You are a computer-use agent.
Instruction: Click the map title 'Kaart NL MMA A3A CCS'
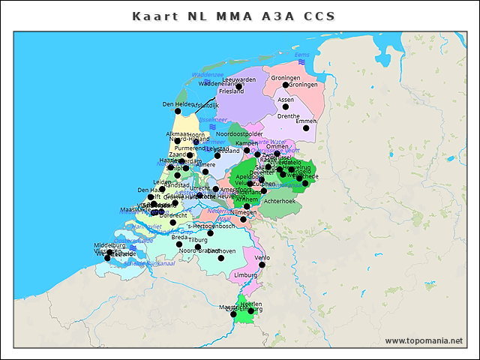pos(233,16)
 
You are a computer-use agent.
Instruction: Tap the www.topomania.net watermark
pos(424,340)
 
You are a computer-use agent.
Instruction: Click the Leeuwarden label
pos(239,79)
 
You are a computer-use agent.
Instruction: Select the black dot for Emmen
pos(305,128)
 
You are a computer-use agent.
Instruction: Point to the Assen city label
pos(286,99)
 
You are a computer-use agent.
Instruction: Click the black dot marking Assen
pos(285,107)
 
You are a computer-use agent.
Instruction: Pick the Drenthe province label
pos(288,116)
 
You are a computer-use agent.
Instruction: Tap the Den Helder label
pos(178,104)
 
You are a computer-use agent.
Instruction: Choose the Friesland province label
pos(232,91)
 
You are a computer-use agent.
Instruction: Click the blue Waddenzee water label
pos(208,75)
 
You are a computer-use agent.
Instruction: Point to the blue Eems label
pos(301,55)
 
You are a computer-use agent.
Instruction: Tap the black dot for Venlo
pos(262,264)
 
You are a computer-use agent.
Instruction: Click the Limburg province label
pos(245,275)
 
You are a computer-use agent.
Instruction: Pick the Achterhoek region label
pos(280,201)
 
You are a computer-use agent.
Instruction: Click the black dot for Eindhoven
pos(221,258)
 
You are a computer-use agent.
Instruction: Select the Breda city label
pos(179,237)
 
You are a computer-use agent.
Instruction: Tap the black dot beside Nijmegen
pos(243,219)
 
